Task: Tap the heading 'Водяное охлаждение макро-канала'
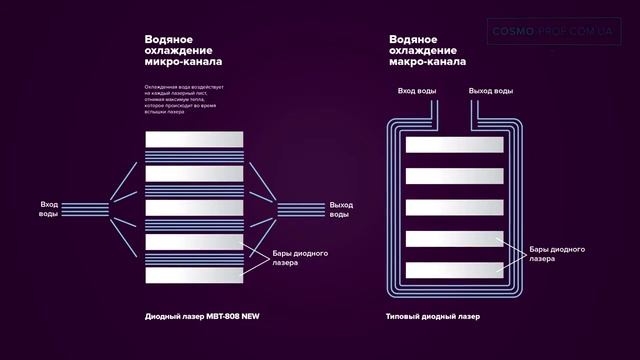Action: (x=427, y=51)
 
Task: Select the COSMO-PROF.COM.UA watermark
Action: (x=556, y=31)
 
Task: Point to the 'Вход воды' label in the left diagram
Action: (x=49, y=209)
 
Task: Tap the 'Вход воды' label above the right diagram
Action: (x=417, y=91)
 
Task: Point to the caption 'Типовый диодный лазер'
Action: (x=432, y=317)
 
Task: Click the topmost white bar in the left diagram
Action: (x=193, y=139)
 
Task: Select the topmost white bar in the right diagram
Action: (x=453, y=145)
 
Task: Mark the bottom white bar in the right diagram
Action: (x=453, y=269)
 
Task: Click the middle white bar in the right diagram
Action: (x=453, y=207)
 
